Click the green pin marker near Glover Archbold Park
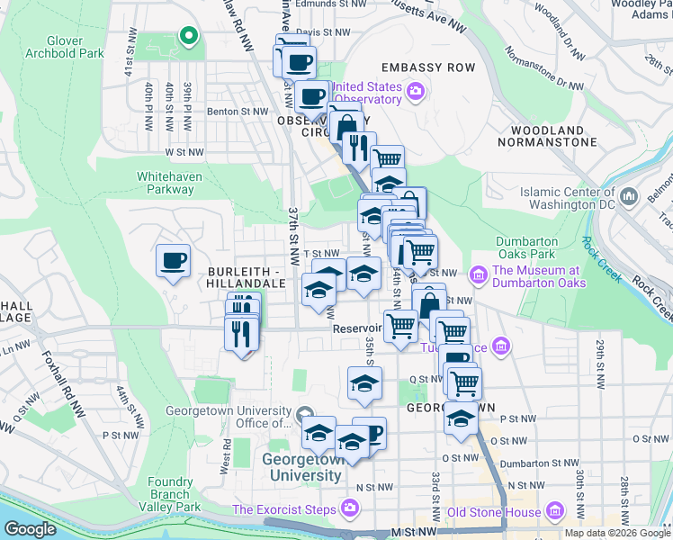tap(188, 36)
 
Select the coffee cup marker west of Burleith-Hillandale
tap(173, 262)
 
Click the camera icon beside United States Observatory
tap(415, 91)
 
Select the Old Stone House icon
tap(555, 513)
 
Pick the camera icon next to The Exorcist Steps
tap(348, 510)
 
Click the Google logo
tap(31, 529)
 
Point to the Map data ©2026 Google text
tap(616, 533)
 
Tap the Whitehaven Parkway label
tap(166, 183)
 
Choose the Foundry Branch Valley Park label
tap(170, 494)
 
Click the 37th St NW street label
tap(293, 230)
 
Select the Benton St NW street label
tap(238, 112)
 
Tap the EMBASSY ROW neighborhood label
tap(427, 68)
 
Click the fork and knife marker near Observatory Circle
tap(359, 146)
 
